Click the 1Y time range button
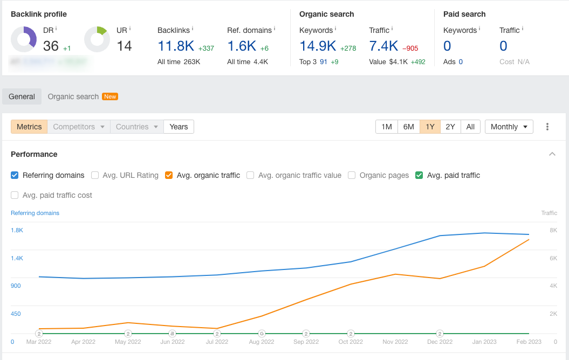pos(430,127)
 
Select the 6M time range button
pos(408,127)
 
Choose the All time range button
pos(470,127)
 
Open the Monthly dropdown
pos(509,127)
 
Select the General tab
pos(22,96)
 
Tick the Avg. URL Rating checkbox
pos(95,175)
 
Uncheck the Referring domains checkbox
pos(15,175)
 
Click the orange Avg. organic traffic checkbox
pos(169,175)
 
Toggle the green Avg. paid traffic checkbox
pos(419,175)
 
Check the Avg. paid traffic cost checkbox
pos(15,195)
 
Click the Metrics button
pos(29,127)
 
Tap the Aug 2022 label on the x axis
pos(261,342)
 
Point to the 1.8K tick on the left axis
pos(17,230)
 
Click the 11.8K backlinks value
pos(176,46)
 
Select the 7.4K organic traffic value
pos(383,46)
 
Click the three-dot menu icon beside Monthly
pos(547,127)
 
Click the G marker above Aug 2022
pos(262,334)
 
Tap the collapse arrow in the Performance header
pos(552,154)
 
